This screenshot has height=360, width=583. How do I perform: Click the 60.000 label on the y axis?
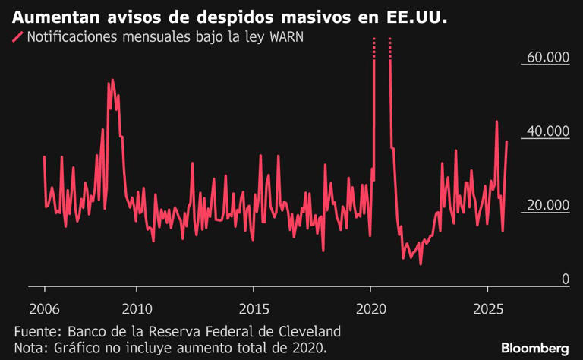click(548, 58)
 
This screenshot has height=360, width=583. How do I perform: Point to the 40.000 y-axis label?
click(548, 132)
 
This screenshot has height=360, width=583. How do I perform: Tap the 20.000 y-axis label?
click(548, 206)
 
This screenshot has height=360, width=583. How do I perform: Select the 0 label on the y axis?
click(565, 279)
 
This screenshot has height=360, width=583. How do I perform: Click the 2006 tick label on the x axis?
click(45, 310)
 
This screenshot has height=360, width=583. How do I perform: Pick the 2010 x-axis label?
click(137, 310)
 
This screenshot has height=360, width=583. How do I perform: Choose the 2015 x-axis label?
click(254, 310)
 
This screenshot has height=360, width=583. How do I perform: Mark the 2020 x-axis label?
click(370, 310)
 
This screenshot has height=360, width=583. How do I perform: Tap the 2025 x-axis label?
click(487, 310)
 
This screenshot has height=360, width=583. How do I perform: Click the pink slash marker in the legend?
click(18, 39)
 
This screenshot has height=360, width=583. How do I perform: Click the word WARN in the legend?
click(285, 39)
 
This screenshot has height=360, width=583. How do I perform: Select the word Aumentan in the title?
click(49, 17)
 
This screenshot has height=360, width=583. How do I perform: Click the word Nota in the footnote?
click(31, 348)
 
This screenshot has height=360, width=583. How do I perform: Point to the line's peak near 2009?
click(112, 80)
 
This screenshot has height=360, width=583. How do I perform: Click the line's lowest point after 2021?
click(420, 264)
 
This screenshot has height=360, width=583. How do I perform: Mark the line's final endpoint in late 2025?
click(507, 142)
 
